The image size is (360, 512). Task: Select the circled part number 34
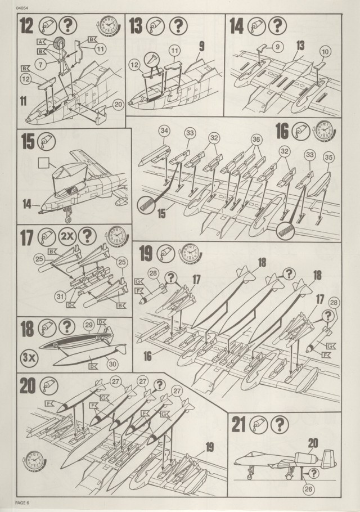(164, 132)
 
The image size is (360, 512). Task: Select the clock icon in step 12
(106, 26)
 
